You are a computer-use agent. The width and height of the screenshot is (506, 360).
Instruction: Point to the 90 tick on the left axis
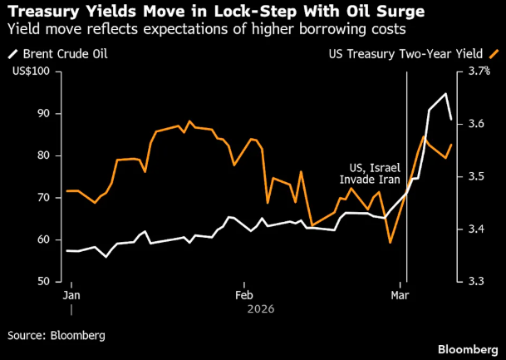point(43,114)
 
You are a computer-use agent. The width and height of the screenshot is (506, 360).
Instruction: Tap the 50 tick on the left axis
point(43,282)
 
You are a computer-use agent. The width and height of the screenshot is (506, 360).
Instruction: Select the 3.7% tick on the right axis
point(479,72)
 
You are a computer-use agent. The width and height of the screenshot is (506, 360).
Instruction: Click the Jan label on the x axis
point(72,295)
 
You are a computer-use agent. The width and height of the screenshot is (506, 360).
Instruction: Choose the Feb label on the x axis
point(244,295)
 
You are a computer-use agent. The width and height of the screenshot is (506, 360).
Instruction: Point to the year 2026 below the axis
point(260,308)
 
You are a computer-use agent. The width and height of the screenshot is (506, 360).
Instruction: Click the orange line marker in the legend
point(496,54)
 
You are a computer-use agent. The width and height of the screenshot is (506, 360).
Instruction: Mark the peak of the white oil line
point(446,93)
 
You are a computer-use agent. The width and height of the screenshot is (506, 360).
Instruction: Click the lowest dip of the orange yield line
point(390,243)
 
